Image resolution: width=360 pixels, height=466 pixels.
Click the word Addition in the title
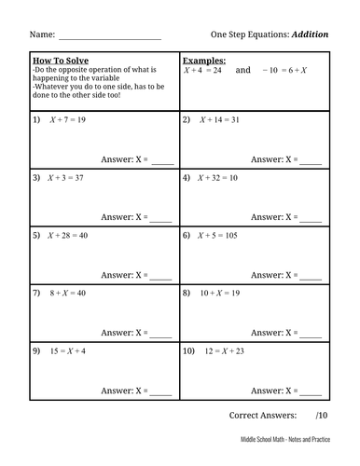311,34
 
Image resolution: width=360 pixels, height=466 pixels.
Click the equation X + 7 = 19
67,120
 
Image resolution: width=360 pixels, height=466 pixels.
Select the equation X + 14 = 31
218,120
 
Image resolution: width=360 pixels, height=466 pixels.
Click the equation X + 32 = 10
218,177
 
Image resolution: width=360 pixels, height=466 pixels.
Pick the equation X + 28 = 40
68,235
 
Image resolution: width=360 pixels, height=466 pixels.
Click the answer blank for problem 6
311,276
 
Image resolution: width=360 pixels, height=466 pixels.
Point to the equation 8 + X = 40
67,293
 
